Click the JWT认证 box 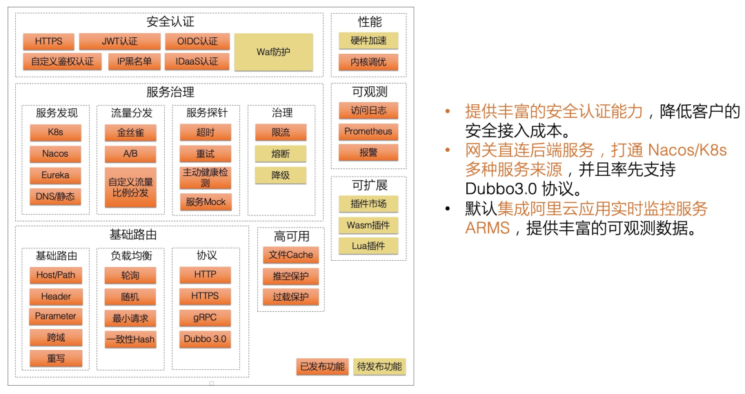coord(119,41)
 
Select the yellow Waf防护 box coord(274,52)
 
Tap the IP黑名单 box coord(135,61)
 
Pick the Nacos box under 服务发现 coord(55,153)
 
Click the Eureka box coord(55,175)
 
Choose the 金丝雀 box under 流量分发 coord(130,132)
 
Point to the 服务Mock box coord(206,201)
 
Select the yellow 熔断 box coord(281,153)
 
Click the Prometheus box coord(368,131)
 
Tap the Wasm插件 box coord(368,225)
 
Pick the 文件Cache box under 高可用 coord(291,255)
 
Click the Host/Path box coord(56,275)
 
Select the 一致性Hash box coord(130,339)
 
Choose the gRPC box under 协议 coord(206,317)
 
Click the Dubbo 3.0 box coord(206,339)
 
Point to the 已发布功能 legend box coord(323,366)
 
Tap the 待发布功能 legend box coord(379,366)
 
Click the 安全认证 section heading coord(170,21)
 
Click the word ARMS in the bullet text coord(488,228)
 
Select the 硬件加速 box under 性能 coord(368,41)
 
